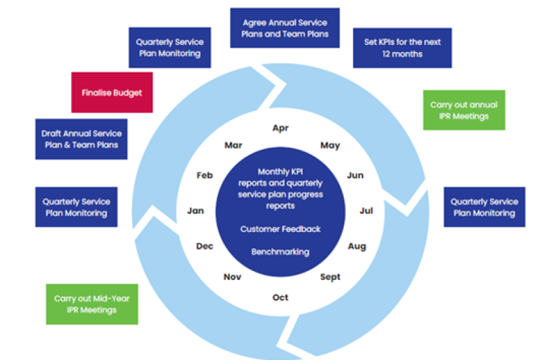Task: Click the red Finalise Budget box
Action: [112, 92]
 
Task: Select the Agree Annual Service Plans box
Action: [285, 28]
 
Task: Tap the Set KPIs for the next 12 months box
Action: [401, 48]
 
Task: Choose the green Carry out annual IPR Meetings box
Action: [464, 110]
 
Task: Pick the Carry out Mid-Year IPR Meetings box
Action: [91, 304]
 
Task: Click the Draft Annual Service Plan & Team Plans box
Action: [81, 139]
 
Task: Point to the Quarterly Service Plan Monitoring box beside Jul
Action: [484, 207]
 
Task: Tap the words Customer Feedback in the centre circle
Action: [281, 229]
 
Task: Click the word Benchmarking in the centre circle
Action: [281, 252]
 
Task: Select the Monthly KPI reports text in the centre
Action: [281, 189]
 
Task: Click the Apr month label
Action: [281, 128]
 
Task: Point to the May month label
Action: [330, 146]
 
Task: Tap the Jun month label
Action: [355, 175]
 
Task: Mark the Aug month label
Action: [356, 246]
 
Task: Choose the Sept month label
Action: [330, 277]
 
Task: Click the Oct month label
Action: [281, 297]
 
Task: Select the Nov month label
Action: [232, 277]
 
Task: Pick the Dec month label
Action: [205, 246]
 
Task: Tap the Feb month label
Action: [205, 175]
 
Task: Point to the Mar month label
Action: [233, 146]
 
